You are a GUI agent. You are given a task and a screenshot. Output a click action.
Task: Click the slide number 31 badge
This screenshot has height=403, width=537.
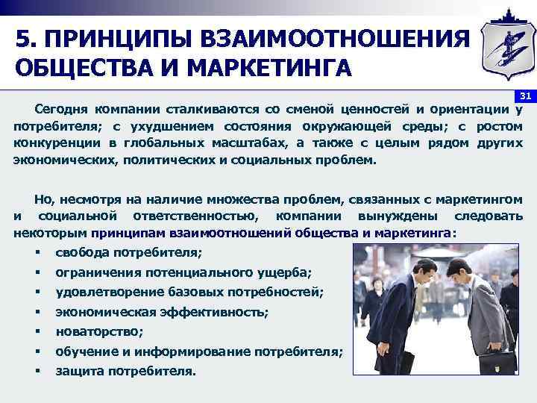pyautogui.click(x=524, y=96)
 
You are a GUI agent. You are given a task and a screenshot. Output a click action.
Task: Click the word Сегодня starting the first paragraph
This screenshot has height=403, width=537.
pyautogui.click(x=59, y=110)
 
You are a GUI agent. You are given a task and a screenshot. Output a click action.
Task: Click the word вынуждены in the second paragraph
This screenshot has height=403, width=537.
pyautogui.click(x=407, y=216)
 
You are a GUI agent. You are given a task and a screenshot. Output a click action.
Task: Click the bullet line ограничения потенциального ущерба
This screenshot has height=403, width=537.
pyautogui.click(x=183, y=273)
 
